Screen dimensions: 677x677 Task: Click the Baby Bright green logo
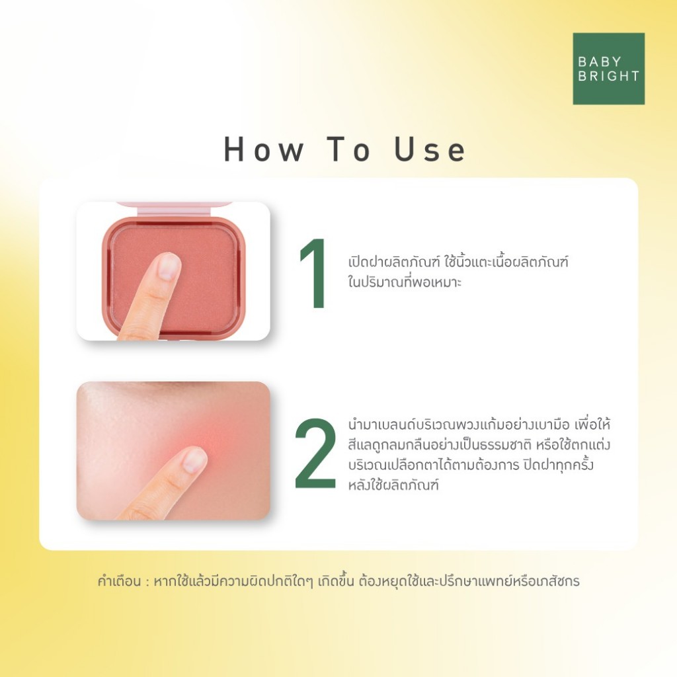pyautogui.click(x=608, y=69)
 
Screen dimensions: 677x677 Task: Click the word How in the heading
pyautogui.click(x=263, y=150)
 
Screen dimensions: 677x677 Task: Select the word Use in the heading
pyautogui.click(x=430, y=150)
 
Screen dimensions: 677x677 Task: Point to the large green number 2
pyautogui.click(x=315, y=454)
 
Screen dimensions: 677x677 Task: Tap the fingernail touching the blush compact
pyautogui.click(x=167, y=266)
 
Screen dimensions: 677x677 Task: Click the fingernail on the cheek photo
pyautogui.click(x=194, y=459)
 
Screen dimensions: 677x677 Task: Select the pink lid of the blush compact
pyautogui.click(x=175, y=209)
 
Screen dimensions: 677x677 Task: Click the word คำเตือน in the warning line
pyautogui.click(x=119, y=581)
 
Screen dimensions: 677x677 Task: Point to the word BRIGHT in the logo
pyautogui.click(x=608, y=76)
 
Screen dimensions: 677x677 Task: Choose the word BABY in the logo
pyautogui.click(x=599, y=61)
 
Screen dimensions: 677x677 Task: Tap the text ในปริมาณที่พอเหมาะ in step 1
pyautogui.click(x=405, y=282)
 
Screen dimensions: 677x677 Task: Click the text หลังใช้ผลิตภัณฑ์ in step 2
pyautogui.click(x=393, y=485)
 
